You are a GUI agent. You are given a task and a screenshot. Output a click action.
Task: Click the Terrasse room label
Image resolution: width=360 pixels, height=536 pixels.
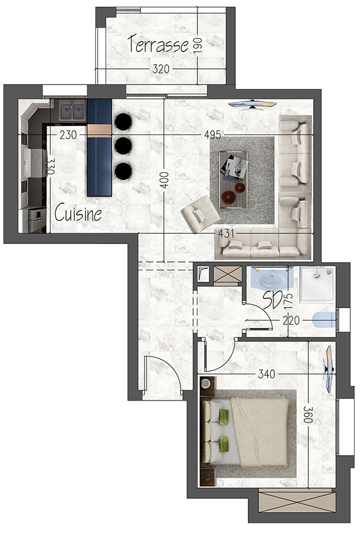tap(158, 44)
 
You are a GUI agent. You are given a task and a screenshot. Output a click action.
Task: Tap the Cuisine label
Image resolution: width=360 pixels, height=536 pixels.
tap(78, 213)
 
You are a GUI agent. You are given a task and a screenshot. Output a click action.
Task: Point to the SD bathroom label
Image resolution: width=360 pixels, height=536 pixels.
tap(272, 299)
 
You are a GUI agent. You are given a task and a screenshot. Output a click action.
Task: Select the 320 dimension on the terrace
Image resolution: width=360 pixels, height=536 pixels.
tap(160, 69)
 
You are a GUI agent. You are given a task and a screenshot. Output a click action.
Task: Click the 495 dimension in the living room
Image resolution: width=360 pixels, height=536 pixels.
tap(212, 135)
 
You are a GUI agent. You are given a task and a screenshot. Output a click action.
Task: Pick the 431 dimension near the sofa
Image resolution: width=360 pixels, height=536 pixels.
tap(227, 233)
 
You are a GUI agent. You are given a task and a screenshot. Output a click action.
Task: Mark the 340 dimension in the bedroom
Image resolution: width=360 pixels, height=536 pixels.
tap(266, 374)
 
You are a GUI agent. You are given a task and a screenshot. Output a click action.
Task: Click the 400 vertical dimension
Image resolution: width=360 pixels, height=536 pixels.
tap(164, 180)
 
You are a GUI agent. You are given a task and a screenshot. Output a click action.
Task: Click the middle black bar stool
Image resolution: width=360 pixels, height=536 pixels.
tap(123, 146)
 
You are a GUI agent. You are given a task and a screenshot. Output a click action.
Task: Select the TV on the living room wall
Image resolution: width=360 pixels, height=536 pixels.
tap(252, 105)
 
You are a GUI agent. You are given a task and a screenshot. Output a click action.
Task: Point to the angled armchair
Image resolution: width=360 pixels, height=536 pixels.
tap(200, 214)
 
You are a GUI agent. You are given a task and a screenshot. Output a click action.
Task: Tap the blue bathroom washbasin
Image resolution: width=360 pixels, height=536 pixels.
tap(272, 279)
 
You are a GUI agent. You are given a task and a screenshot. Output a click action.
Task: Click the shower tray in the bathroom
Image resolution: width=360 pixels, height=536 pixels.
tap(317, 284)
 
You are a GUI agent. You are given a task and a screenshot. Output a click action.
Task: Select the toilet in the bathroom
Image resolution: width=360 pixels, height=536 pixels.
tap(325, 320)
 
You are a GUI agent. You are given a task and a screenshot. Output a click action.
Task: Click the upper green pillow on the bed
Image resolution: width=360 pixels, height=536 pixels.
tap(224, 417)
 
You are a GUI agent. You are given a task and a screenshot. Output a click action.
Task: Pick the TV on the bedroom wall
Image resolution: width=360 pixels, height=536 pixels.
tap(329, 369)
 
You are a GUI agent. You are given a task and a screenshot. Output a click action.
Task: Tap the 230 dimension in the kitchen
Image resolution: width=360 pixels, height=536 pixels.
tap(68, 135)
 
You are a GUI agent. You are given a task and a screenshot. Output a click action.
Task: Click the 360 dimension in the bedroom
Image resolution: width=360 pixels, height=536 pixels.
tap(308, 415)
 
